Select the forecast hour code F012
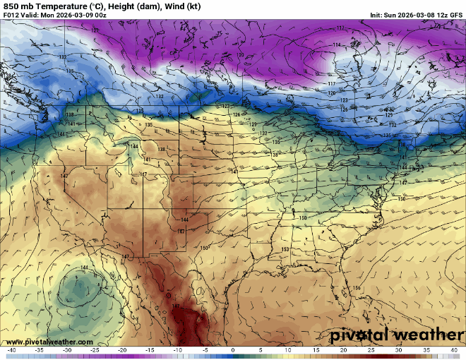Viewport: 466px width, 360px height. (x=11, y=16)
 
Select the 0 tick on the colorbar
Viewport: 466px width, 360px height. (x=233, y=351)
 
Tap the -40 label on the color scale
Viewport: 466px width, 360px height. (x=11, y=351)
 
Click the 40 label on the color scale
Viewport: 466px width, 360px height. (x=454, y=351)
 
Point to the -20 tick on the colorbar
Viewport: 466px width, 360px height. (x=122, y=351)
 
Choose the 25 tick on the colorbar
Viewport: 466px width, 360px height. (x=371, y=351)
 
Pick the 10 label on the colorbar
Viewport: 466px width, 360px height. (x=288, y=351)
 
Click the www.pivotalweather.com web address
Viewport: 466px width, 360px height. (x=47, y=342)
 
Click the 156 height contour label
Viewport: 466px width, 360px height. (x=357, y=288)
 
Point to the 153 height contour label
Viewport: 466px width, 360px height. (x=285, y=249)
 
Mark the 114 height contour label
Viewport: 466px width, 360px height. (x=336, y=45)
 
